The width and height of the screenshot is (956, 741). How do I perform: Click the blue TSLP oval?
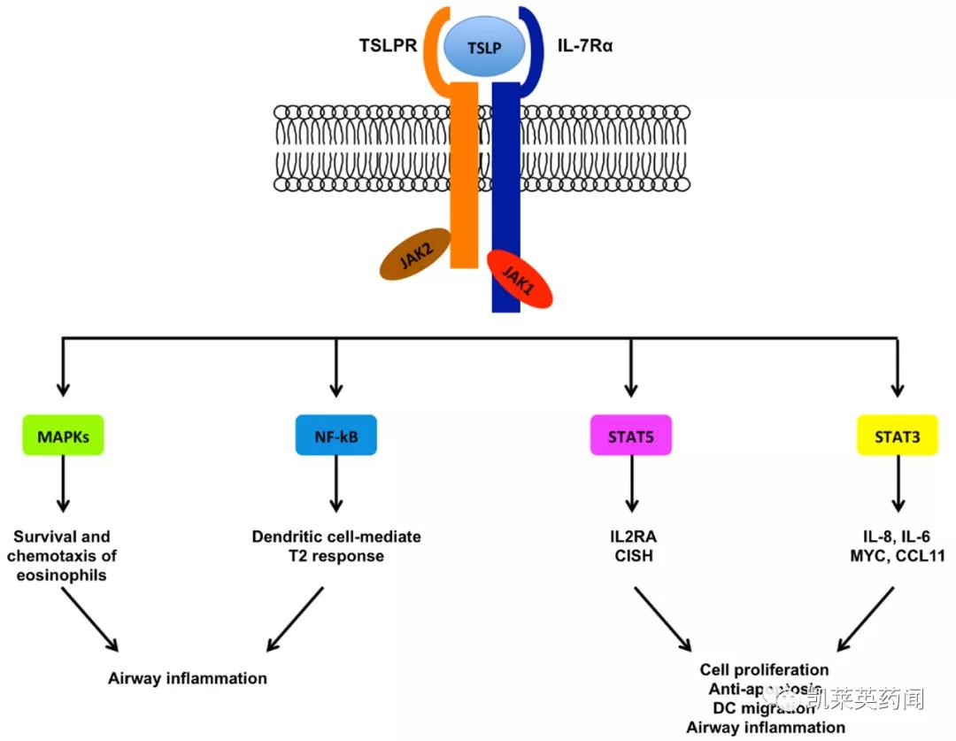(x=485, y=47)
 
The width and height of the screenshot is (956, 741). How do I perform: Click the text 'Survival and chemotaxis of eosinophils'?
(x=62, y=556)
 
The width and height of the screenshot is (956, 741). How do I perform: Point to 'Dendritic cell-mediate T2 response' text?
(x=336, y=546)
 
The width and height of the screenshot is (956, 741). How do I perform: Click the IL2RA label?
(x=630, y=536)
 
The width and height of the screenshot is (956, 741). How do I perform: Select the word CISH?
(x=630, y=557)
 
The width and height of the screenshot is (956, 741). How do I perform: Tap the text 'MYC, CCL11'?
(x=898, y=557)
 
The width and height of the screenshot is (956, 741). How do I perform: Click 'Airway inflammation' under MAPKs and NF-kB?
(x=188, y=679)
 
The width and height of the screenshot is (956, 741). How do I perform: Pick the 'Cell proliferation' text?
(x=764, y=670)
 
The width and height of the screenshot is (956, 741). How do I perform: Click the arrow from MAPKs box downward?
(x=62, y=486)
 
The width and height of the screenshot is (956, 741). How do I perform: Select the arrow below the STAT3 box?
(x=898, y=486)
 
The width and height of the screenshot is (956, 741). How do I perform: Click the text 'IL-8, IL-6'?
(x=898, y=536)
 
